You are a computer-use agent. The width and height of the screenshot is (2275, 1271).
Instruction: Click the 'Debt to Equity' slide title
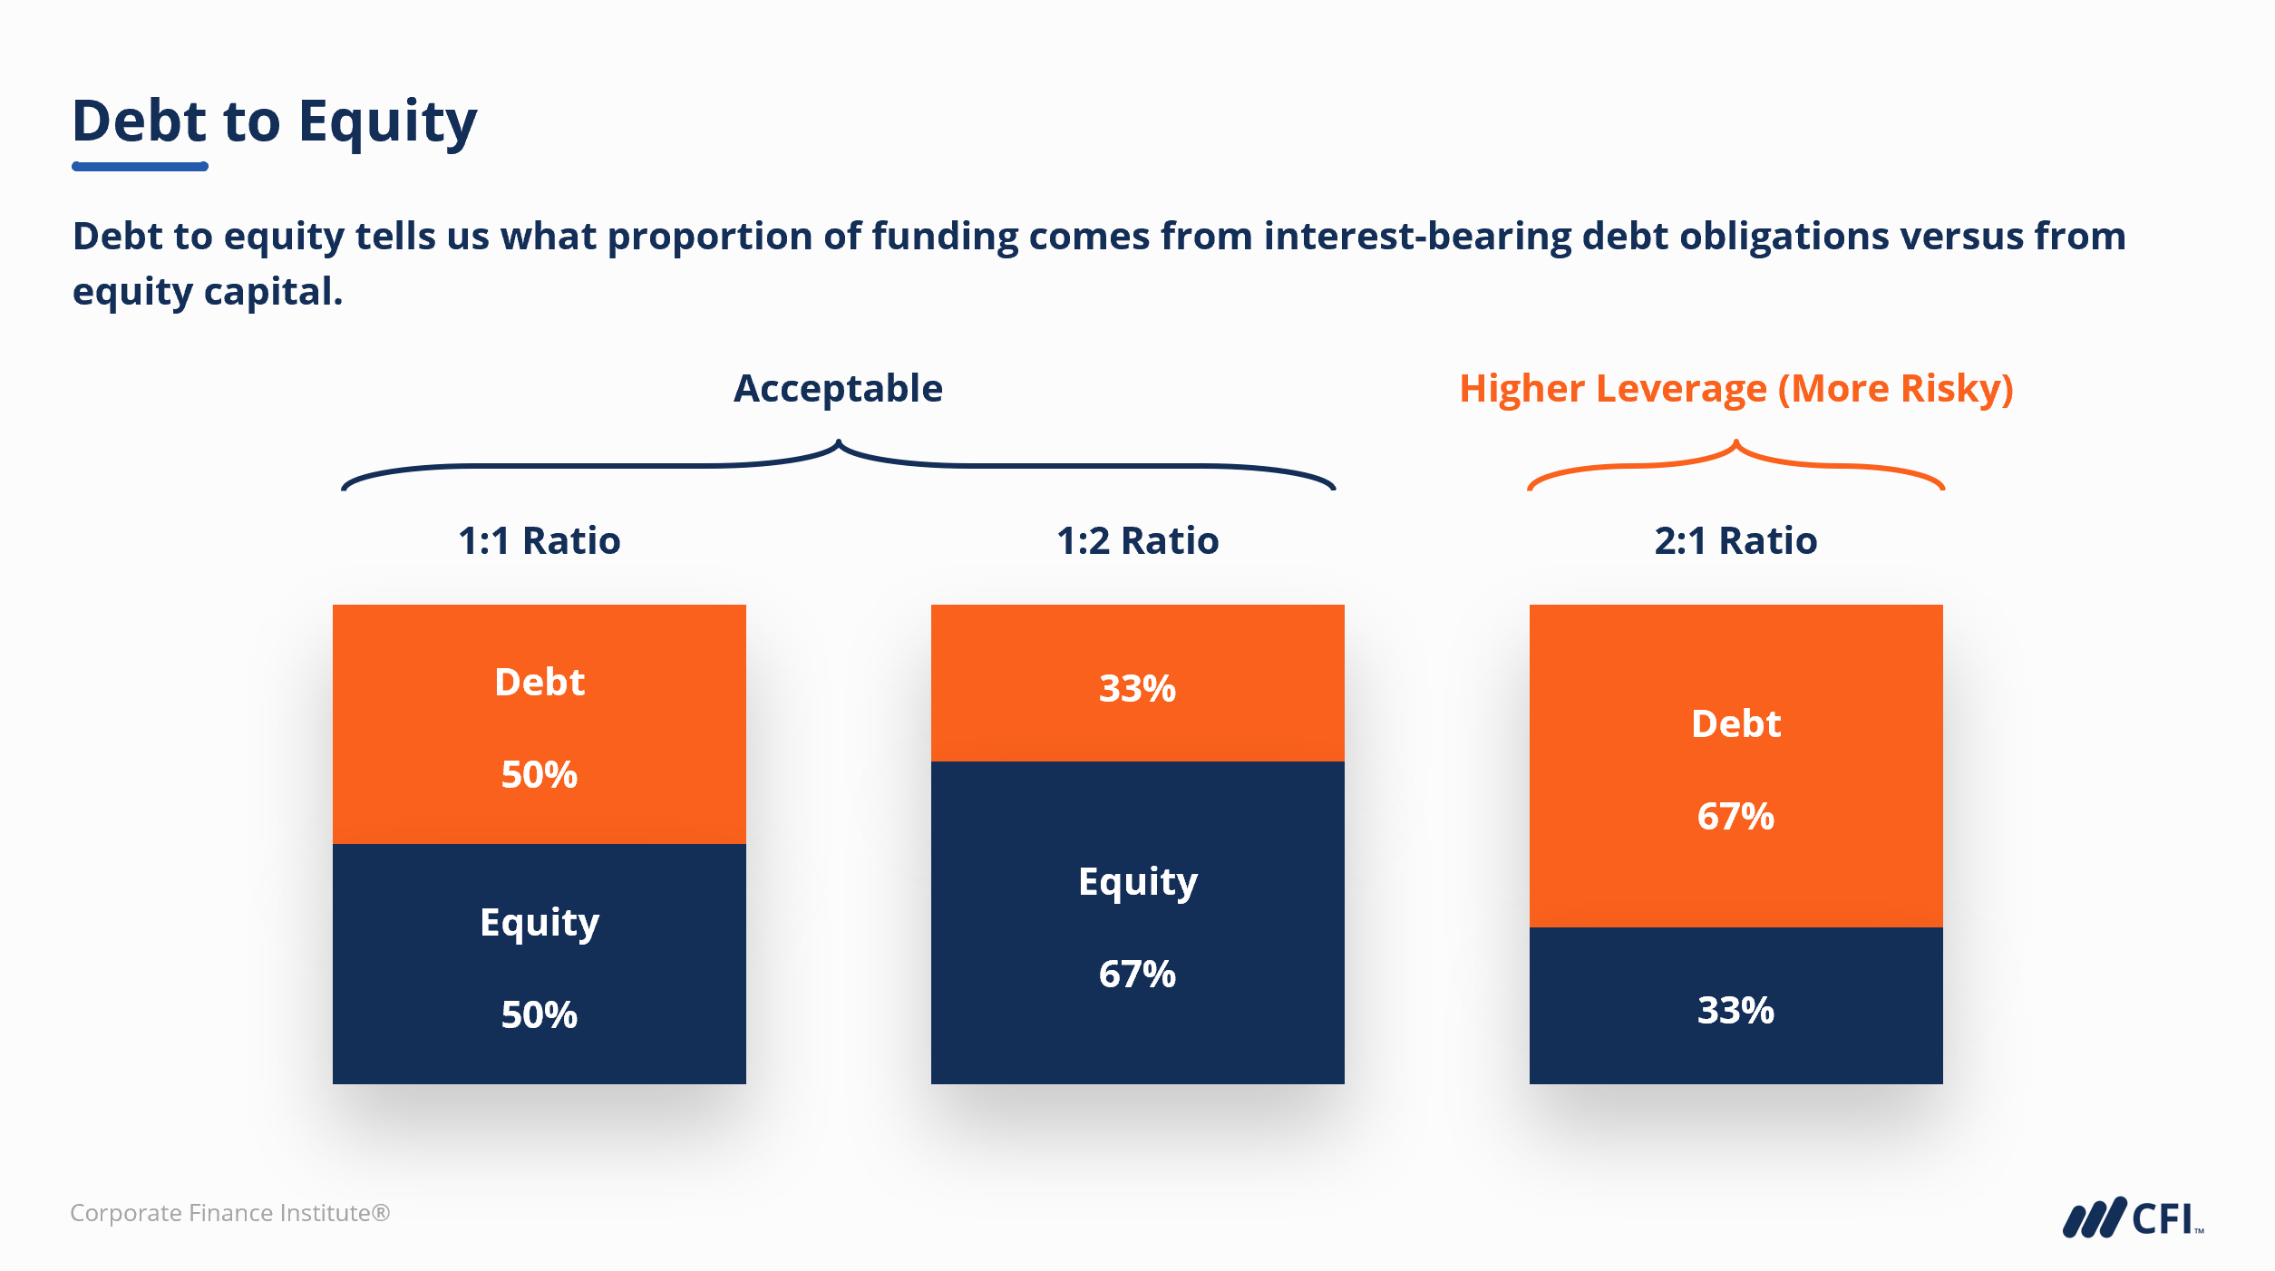(x=274, y=121)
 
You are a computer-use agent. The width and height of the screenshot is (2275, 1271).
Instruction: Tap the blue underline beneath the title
(x=140, y=167)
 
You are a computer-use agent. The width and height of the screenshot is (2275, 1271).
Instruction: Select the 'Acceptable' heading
(x=838, y=389)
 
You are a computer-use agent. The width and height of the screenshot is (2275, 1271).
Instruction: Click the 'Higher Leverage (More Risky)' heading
(x=1735, y=389)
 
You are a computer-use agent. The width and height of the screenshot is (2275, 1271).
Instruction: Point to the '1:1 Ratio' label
(x=540, y=541)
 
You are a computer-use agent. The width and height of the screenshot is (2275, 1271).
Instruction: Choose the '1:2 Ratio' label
(x=1137, y=541)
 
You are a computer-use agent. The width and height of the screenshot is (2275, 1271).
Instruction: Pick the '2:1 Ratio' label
(x=1735, y=541)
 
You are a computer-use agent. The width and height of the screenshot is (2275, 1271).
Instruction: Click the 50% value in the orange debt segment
(x=540, y=775)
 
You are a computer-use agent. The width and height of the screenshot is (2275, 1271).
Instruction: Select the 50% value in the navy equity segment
(x=540, y=1015)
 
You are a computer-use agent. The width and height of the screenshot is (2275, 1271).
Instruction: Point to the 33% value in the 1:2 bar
(x=1137, y=689)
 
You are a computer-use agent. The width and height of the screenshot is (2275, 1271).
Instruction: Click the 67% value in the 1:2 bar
(x=1137, y=975)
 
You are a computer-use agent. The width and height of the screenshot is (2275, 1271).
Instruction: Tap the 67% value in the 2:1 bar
(x=1735, y=817)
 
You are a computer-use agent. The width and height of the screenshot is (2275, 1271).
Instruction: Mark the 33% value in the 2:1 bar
(x=1735, y=1011)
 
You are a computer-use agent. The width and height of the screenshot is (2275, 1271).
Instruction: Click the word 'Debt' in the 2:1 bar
(x=1735, y=724)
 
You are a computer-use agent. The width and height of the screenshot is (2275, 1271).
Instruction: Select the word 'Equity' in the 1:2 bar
(x=1137, y=882)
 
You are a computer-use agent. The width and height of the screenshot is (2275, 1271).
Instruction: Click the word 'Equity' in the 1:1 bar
(x=540, y=923)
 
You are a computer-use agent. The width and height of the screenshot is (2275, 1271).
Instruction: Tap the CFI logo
(x=2132, y=1218)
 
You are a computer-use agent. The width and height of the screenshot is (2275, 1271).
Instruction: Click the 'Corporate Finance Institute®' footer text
(x=229, y=1213)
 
